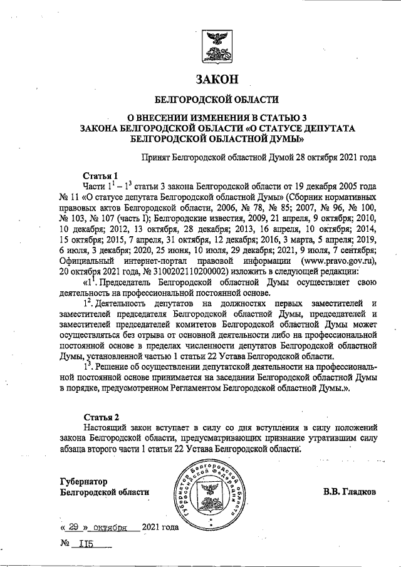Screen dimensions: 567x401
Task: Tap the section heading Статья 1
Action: coord(100,175)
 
